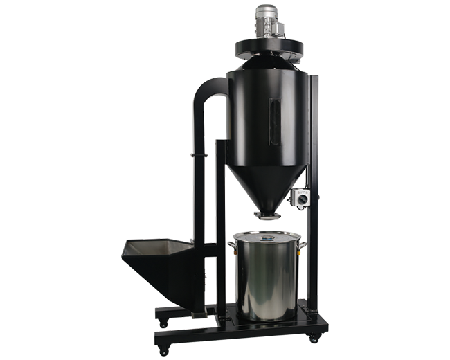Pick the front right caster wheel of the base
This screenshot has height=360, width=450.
[x=312, y=339]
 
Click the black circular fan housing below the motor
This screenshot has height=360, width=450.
[x=269, y=47]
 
